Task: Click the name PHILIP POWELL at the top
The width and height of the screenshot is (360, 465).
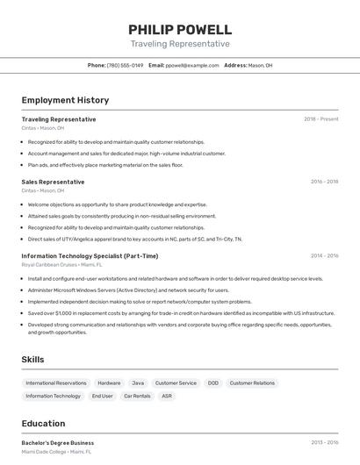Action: [180, 29]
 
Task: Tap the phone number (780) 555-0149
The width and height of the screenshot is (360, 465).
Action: [125, 65]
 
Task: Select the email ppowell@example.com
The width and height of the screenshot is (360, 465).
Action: [192, 65]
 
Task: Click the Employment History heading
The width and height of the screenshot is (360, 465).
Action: [65, 100]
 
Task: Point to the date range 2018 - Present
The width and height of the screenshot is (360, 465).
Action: [321, 119]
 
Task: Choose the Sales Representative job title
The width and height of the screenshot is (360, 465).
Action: [53, 182]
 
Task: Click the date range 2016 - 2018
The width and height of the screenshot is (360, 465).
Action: [324, 182]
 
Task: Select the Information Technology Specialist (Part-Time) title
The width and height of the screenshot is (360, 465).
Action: [90, 256]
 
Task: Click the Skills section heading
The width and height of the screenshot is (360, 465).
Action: [32, 360]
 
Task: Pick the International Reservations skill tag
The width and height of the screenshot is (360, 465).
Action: [56, 383]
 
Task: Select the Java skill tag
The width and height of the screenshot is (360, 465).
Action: [138, 383]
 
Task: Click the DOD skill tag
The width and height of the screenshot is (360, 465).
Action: [213, 383]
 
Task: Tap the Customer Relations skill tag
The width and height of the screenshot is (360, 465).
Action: [252, 383]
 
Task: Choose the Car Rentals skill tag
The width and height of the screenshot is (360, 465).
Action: [137, 396]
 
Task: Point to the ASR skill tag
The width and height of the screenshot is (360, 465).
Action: [167, 396]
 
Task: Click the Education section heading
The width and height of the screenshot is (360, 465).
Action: [43, 423]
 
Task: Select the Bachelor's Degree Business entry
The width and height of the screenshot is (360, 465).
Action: [57, 443]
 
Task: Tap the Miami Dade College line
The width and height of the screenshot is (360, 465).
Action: [55, 451]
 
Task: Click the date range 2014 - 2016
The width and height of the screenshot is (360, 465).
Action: [324, 256]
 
